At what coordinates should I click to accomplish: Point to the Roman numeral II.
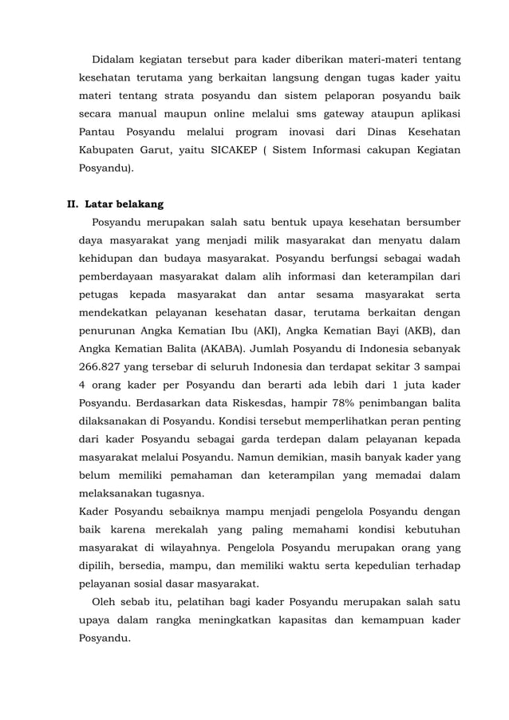pyautogui.click(x=71, y=204)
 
